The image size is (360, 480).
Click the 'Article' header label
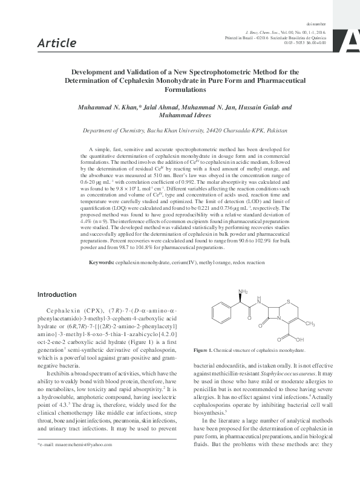pos(57,43)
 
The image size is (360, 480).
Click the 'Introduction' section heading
pos(58,294)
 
